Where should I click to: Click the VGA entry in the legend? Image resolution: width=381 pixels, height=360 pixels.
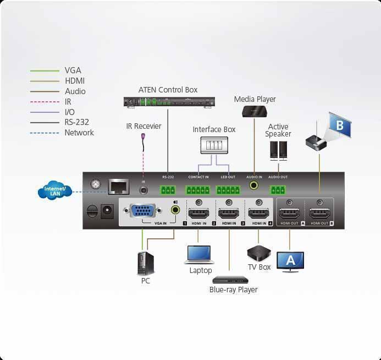click(x=73, y=70)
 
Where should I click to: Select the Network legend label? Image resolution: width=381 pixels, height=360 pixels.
click(x=79, y=133)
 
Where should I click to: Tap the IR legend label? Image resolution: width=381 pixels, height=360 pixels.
click(x=68, y=102)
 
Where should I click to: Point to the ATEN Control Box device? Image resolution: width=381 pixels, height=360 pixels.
click(x=167, y=102)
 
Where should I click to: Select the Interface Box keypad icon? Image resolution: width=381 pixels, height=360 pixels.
click(x=214, y=145)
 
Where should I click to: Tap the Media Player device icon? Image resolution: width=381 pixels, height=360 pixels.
click(x=255, y=112)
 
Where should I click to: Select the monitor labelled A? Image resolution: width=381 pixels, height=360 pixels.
click(x=290, y=260)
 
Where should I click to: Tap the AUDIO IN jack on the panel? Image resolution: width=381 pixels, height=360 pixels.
click(x=255, y=186)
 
